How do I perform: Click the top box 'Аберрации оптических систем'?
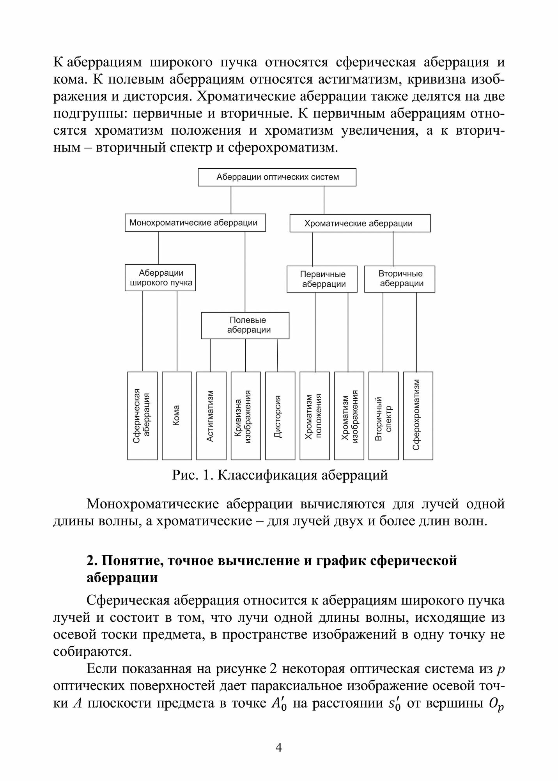coord(277,177)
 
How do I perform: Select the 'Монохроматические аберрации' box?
coord(195,223)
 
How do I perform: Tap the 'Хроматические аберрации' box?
coord(360,223)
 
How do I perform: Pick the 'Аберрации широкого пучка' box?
coord(160,278)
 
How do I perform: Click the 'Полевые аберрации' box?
coord(245,325)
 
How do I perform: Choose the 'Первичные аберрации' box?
coord(322,279)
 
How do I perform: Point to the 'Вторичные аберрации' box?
coord(399,279)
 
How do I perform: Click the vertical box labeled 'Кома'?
coord(177,415)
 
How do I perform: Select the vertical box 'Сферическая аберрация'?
coord(142,415)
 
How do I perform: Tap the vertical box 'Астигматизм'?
coord(211,415)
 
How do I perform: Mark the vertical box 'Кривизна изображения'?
coord(246,415)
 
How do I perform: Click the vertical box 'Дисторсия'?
coord(280,415)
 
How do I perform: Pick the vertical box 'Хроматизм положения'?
coord(314,415)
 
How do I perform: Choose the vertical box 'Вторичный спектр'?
coord(383,415)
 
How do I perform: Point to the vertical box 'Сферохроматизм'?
coord(418,415)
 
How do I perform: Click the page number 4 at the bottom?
coord(279,748)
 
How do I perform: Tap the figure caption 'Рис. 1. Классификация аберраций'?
coord(280,475)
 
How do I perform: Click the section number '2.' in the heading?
coord(92,561)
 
